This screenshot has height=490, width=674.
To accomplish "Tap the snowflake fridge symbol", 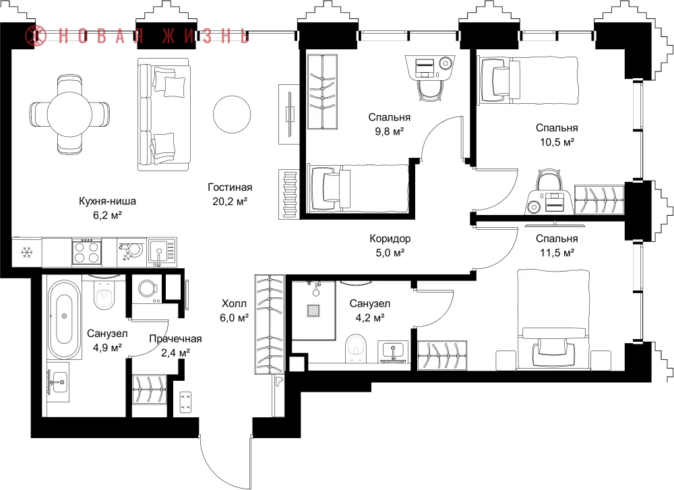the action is pos(27,252).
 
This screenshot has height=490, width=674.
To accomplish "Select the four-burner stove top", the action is pos(87,252).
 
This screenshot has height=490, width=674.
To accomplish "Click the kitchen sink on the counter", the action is pos(162,252).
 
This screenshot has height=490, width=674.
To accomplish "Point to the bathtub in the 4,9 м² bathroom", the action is pos(64,319).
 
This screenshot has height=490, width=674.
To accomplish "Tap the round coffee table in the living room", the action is pos(232,115).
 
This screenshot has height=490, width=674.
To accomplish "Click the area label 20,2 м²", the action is pos(230,201).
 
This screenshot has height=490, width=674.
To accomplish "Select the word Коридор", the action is pos(390,239).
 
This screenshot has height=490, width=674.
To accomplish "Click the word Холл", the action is pos(235,304).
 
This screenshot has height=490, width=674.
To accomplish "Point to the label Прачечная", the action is pos(175,339).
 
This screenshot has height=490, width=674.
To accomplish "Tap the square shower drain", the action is pos(313,310).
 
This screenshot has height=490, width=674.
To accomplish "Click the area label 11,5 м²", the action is pos(557,253).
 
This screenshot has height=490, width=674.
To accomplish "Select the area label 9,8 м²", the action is pos(390,131).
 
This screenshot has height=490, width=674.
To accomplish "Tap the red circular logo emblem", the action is pos(36,36).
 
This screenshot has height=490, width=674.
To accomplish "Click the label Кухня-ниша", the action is pos(107,201).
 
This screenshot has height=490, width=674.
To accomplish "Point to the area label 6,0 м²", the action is pos(235,318).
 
